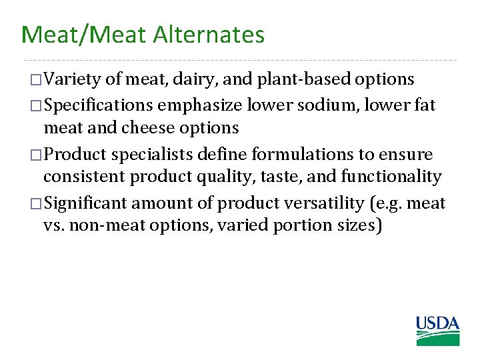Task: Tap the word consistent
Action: tap(84, 177)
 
